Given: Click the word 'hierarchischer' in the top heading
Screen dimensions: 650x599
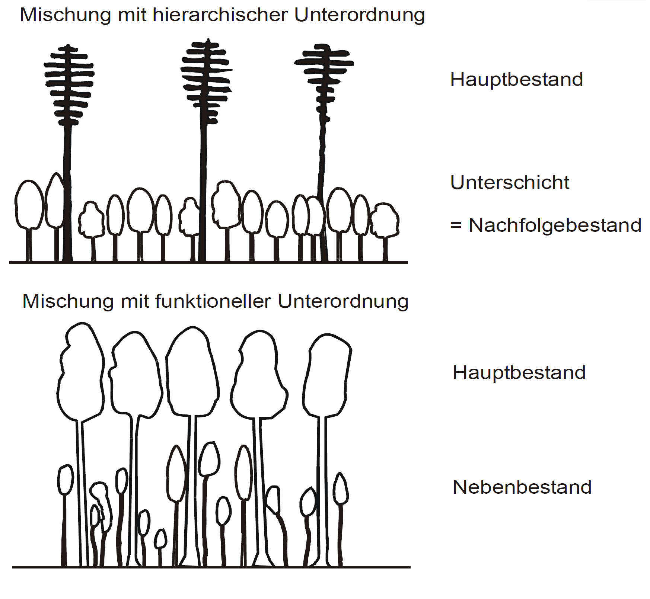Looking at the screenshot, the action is click(x=220, y=15).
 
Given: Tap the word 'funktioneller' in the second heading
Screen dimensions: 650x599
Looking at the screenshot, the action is click(x=213, y=301).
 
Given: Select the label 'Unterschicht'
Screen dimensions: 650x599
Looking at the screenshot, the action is click(x=510, y=182).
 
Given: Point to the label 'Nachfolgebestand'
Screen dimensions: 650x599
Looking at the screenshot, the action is click(x=555, y=225).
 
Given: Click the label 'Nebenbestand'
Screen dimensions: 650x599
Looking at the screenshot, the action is click(x=522, y=487).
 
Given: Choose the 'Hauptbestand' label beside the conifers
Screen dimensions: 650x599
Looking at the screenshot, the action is click(x=516, y=79).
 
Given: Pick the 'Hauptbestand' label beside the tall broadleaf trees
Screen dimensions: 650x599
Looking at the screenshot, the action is click(x=519, y=372).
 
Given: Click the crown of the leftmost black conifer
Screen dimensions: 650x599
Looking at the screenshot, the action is click(x=69, y=86).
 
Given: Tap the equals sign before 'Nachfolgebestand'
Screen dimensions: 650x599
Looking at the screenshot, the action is click(x=456, y=226).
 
